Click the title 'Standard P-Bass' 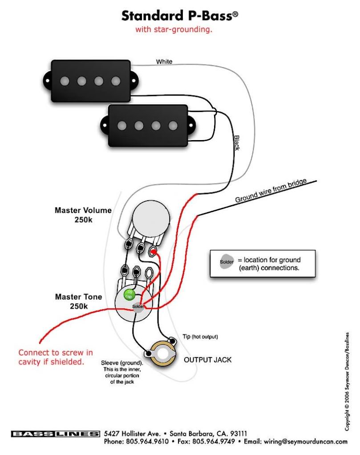click(x=180, y=16)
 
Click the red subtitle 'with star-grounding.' click(x=174, y=29)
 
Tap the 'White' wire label click(x=164, y=61)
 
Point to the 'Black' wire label click(x=237, y=143)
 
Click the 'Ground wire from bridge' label click(x=271, y=190)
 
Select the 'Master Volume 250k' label click(x=83, y=215)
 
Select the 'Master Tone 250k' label click(x=78, y=301)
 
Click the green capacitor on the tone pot click(x=129, y=294)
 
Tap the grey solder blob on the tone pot click(x=138, y=307)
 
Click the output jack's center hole click(x=162, y=354)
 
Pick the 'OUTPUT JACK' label click(x=207, y=360)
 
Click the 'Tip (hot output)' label click(x=200, y=337)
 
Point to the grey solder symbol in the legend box click(x=227, y=262)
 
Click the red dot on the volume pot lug click(x=153, y=252)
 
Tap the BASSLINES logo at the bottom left click(x=55, y=434)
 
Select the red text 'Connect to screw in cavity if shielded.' click(x=56, y=357)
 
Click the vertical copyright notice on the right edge click(x=347, y=381)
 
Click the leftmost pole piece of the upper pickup click(x=65, y=81)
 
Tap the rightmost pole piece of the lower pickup click(x=173, y=125)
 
